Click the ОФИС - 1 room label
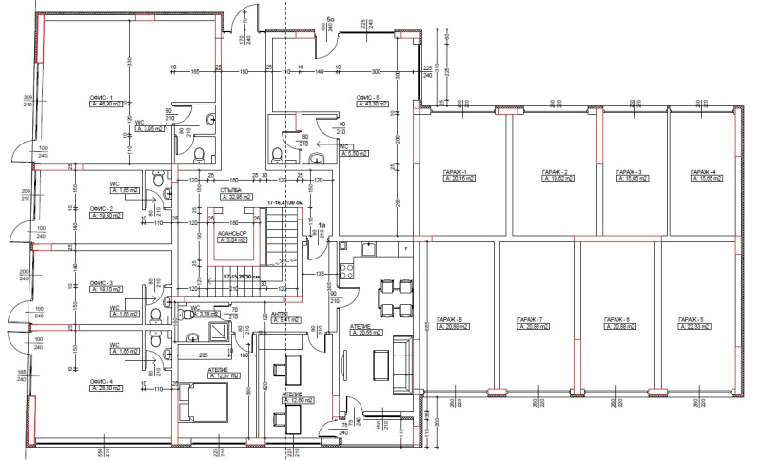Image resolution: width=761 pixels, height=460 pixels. click(101, 98)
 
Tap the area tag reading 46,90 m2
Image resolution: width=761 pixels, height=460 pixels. click(102, 106)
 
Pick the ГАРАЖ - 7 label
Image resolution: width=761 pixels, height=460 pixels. click(529, 318)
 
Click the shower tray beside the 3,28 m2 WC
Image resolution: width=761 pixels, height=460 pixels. click(219, 333)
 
